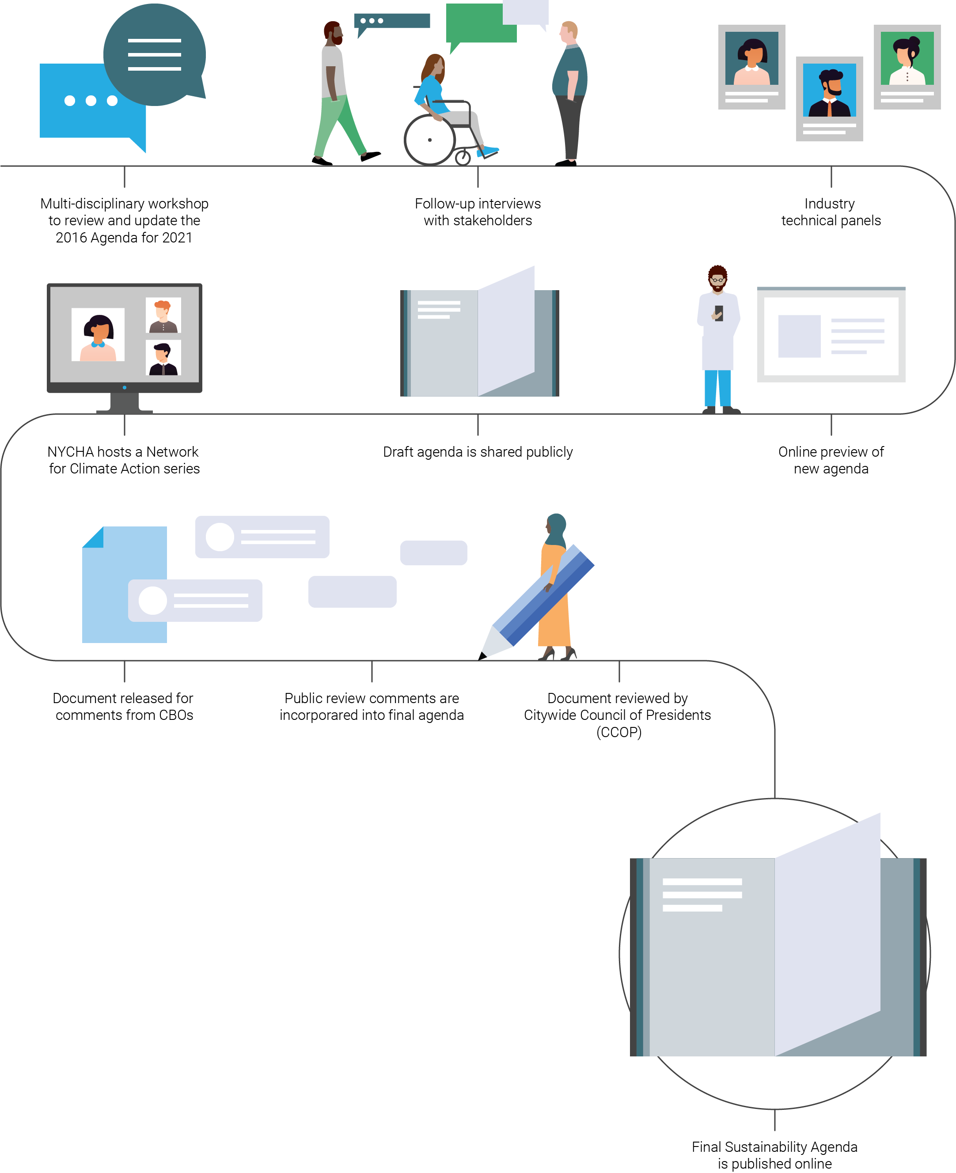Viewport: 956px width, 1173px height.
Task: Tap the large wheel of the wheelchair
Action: pyautogui.click(x=429, y=140)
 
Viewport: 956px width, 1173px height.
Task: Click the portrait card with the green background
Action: pyautogui.click(x=907, y=67)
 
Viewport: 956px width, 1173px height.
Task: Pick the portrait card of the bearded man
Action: pyautogui.click(x=829, y=98)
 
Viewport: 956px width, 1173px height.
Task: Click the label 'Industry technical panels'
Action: pyautogui.click(x=831, y=212)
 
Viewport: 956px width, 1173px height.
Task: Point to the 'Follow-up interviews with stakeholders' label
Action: pyautogui.click(x=478, y=212)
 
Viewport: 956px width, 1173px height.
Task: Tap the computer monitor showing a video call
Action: pyautogui.click(x=125, y=337)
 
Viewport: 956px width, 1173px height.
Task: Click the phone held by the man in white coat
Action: pyautogui.click(x=719, y=313)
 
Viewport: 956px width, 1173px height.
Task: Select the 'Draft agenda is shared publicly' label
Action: pyautogui.click(x=478, y=452)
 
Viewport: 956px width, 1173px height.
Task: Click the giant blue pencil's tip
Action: pyautogui.click(x=483, y=655)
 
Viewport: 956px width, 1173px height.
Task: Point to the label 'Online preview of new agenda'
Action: pyautogui.click(x=831, y=460)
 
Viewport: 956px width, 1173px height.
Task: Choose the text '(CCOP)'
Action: pyautogui.click(x=619, y=732)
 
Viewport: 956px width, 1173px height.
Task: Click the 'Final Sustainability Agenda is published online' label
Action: pyautogui.click(x=774, y=1155)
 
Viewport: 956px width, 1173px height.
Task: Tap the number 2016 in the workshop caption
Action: pyautogui.click(x=71, y=238)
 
